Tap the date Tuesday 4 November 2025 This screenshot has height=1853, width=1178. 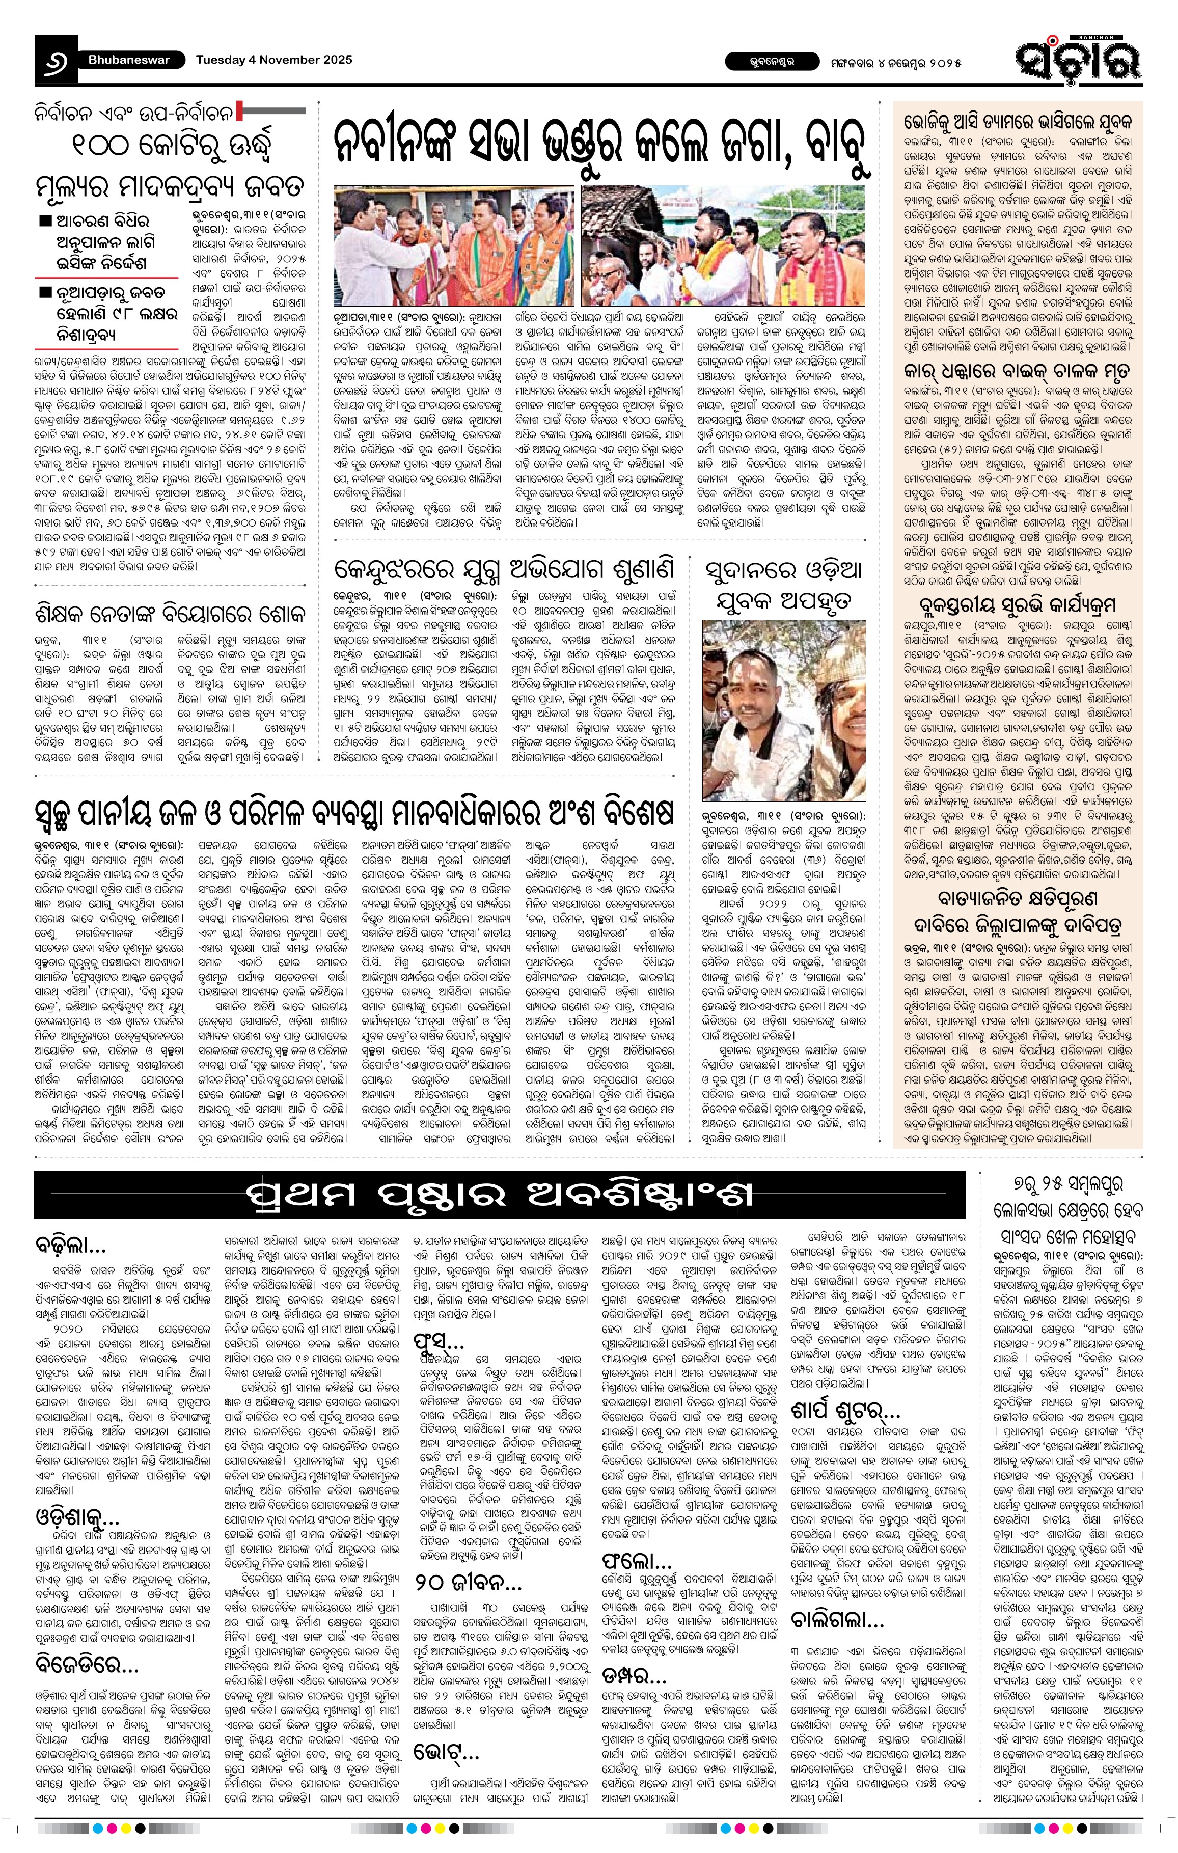click(274, 59)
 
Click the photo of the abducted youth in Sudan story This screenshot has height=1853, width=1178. click(784, 709)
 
